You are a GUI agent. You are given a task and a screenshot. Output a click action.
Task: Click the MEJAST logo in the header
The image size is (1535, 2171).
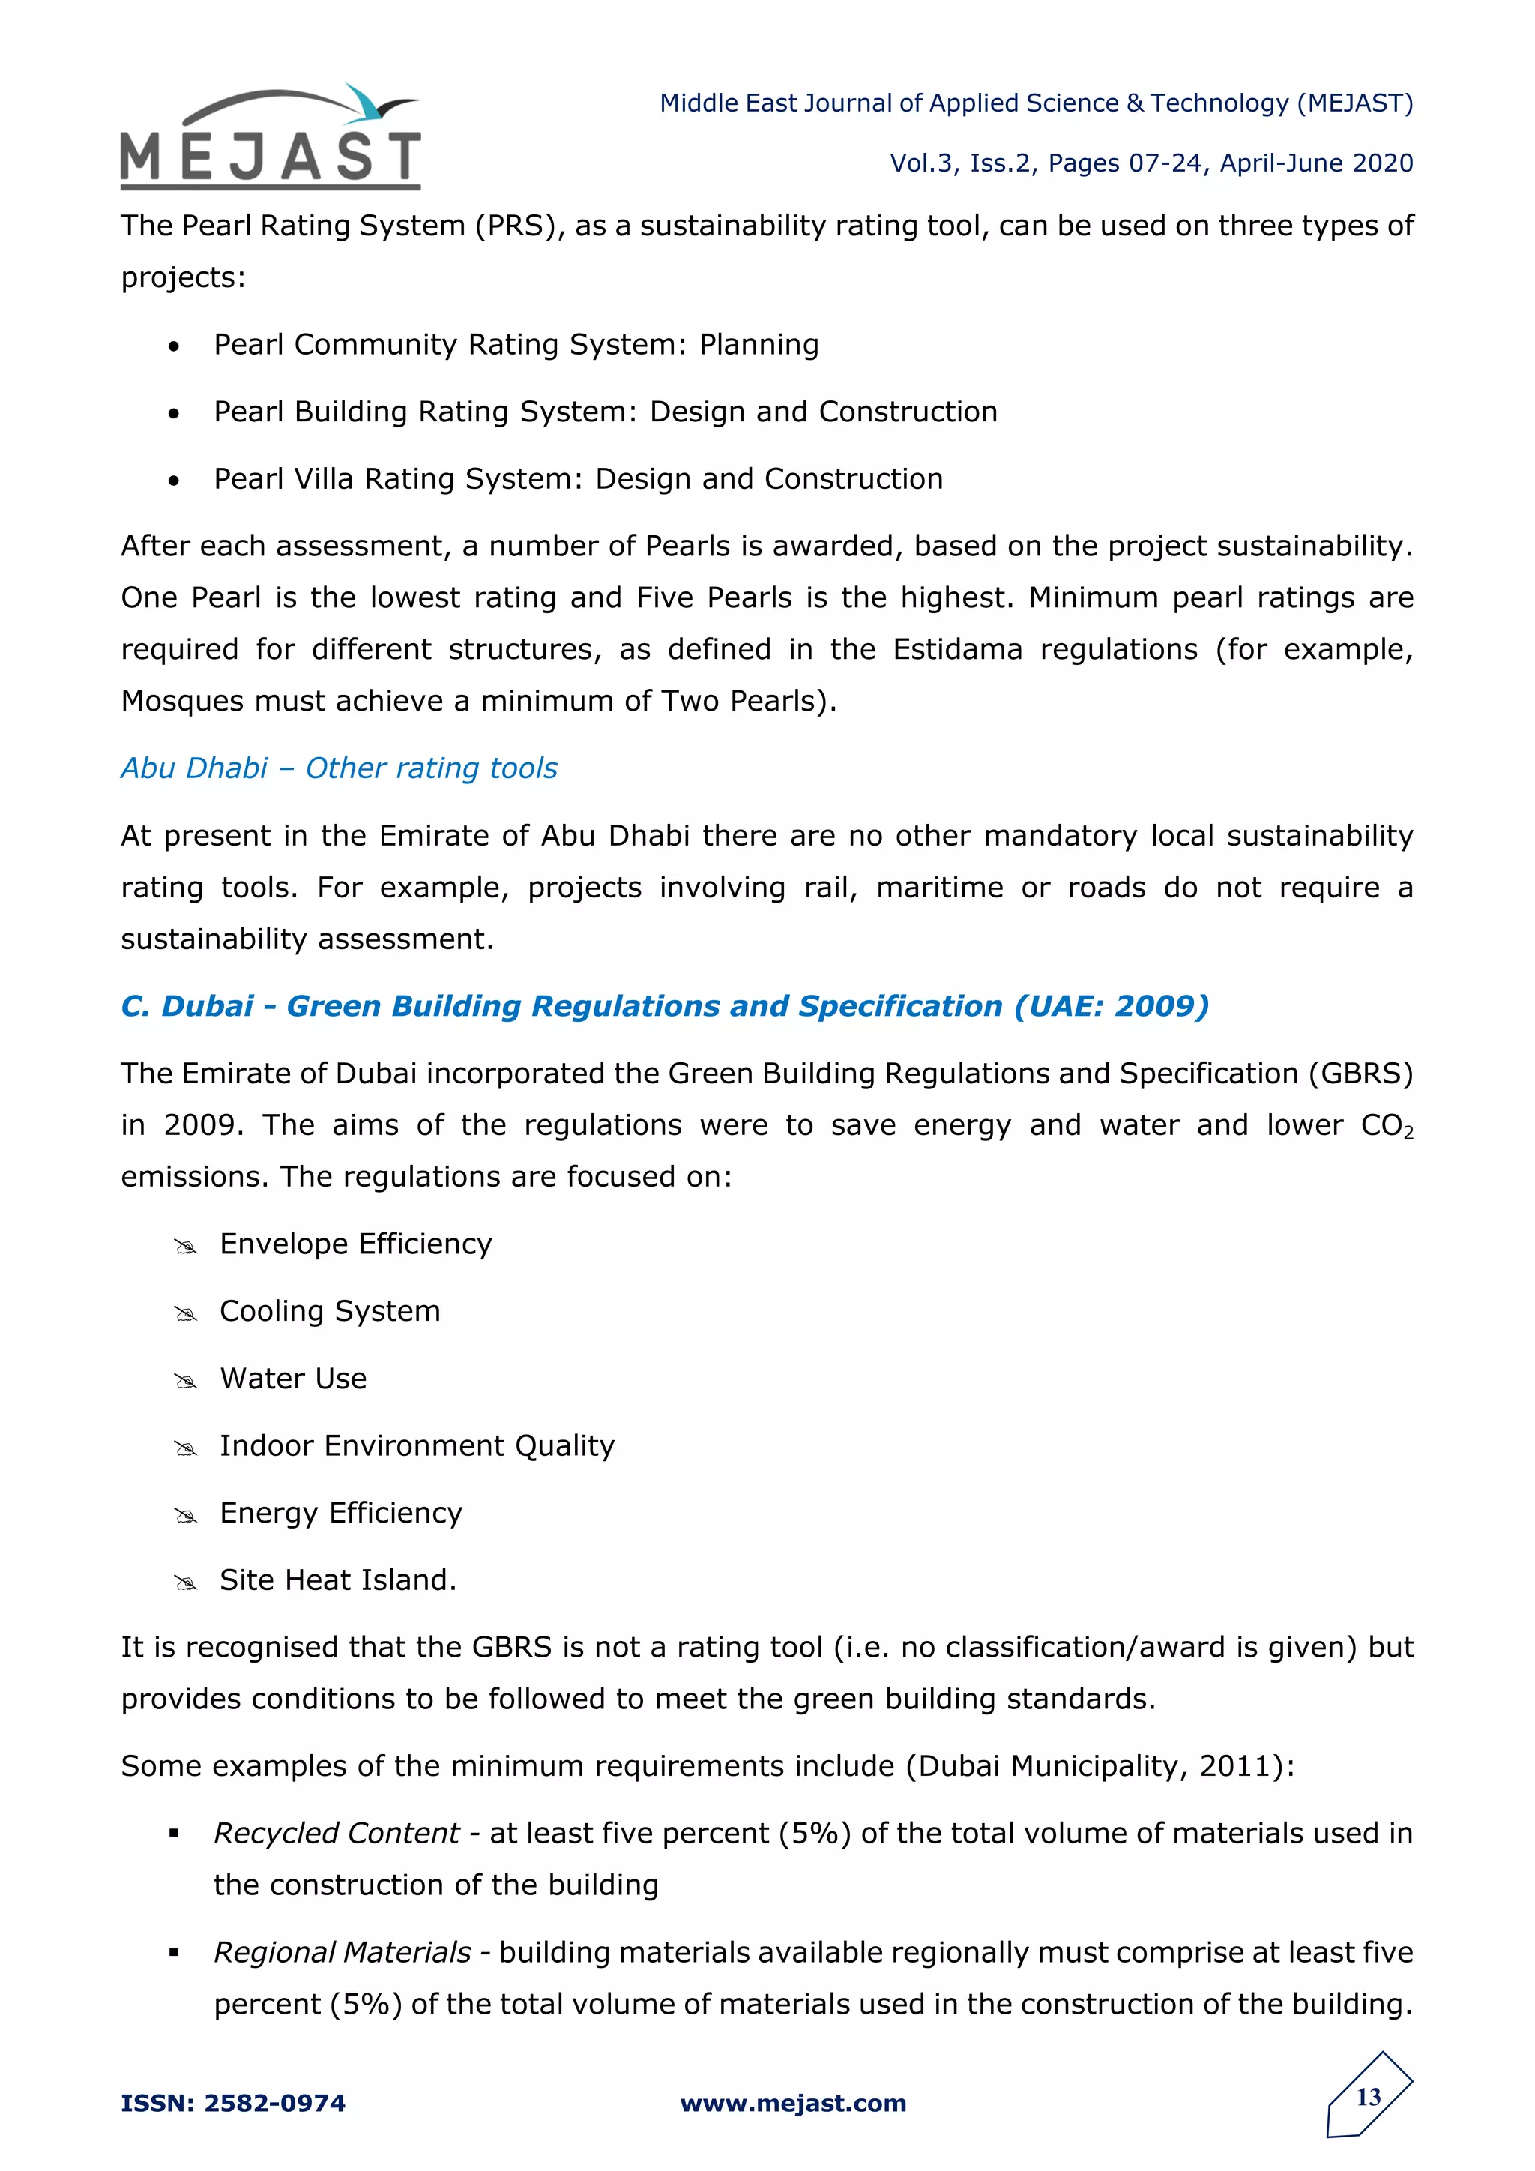[271, 139]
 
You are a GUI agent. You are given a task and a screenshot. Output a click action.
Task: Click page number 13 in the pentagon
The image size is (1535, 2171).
[1369, 2098]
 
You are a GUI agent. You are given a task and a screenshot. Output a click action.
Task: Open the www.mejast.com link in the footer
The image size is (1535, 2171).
[793, 2103]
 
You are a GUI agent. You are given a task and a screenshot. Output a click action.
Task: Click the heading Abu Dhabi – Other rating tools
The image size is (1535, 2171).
[338, 768]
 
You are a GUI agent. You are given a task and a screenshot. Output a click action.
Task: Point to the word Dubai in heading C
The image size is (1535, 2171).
[207, 1006]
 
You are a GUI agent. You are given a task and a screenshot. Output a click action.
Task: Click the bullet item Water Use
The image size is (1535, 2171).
[293, 1379]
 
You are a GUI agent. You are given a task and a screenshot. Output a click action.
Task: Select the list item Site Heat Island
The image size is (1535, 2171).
[337, 1580]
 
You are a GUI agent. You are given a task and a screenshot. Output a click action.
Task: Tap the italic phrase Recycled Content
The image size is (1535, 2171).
[336, 1834]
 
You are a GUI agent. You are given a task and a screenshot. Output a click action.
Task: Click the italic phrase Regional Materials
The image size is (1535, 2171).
[341, 1953]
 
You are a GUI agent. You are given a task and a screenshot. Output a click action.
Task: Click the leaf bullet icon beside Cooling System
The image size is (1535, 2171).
[185, 1313]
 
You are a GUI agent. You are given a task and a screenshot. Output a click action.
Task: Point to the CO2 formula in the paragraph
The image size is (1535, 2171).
[1387, 1126]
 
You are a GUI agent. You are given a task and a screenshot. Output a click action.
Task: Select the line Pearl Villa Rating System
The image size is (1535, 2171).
[578, 478]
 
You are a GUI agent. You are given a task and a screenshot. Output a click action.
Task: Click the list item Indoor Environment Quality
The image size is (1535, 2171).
[417, 1446]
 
